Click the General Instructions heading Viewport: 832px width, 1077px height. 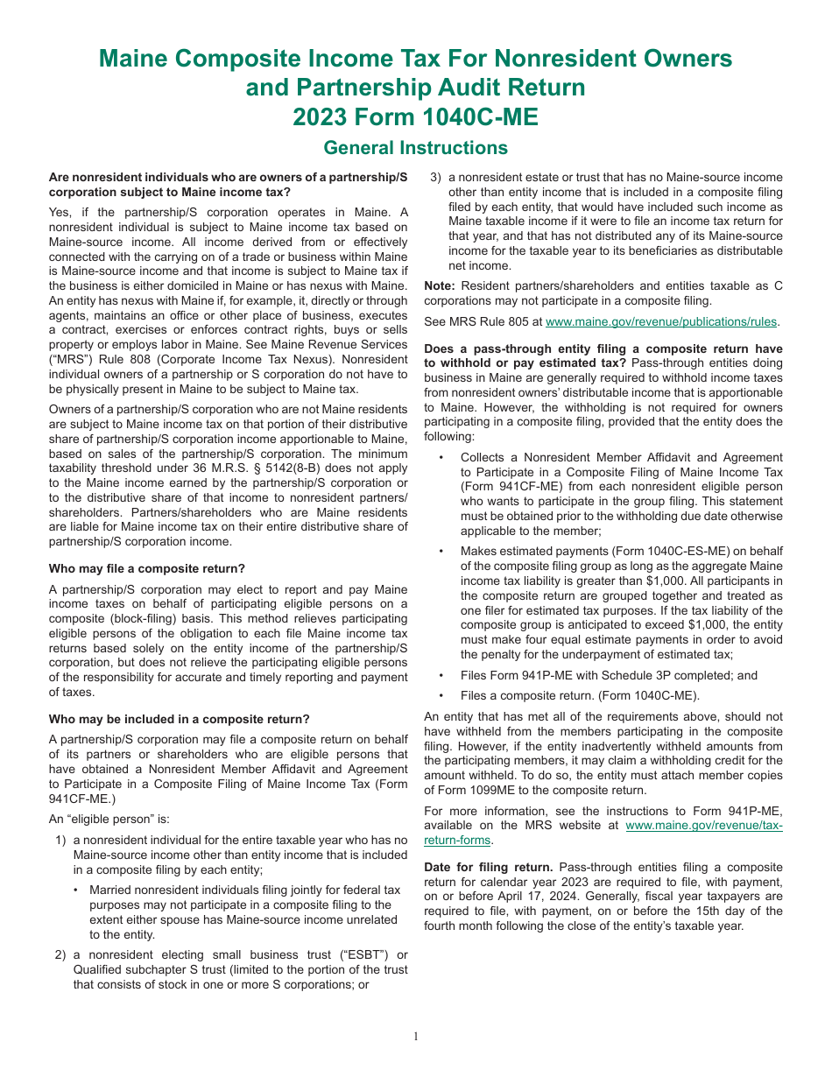click(415, 147)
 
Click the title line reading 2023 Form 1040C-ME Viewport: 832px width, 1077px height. click(415, 116)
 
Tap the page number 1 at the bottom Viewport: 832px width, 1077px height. click(416, 1037)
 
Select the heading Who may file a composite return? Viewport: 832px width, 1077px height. click(147, 568)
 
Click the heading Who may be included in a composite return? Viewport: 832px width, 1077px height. click(180, 719)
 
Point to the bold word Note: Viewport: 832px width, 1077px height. click(440, 285)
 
